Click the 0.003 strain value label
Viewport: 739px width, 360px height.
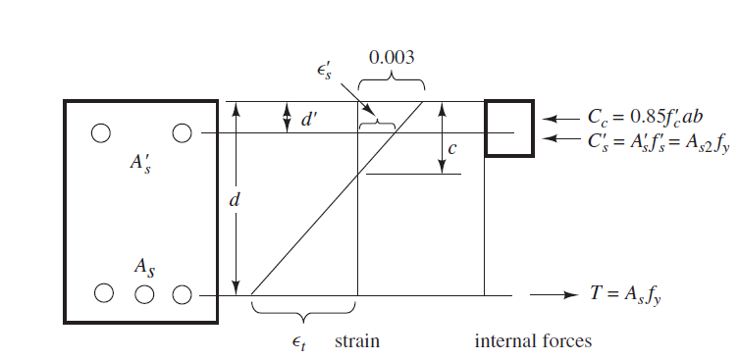[x=391, y=57]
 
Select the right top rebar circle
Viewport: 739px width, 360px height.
[x=182, y=133]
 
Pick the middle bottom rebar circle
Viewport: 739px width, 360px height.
[x=144, y=293]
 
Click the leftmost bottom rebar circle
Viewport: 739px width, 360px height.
[x=104, y=293]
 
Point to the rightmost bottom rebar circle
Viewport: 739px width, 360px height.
[x=181, y=293]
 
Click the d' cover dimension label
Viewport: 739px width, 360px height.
[x=308, y=120]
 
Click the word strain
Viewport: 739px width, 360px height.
[x=357, y=341]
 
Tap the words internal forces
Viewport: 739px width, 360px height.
[x=533, y=341]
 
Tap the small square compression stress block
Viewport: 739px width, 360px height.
[x=508, y=129]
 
